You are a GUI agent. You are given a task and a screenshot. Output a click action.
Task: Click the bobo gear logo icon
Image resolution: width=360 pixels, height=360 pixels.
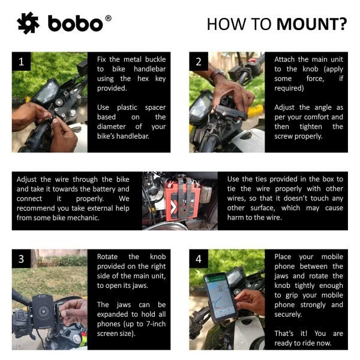(28, 23)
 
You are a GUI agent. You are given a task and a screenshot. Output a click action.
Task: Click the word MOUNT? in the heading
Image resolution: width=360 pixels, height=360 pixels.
(311, 24)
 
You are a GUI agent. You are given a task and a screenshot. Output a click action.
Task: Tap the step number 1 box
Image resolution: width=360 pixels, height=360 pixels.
(21, 62)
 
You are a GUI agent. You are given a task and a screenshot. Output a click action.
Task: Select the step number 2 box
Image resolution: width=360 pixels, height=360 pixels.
(199, 62)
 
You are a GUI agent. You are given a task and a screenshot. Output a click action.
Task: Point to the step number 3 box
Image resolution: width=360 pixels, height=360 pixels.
(21, 259)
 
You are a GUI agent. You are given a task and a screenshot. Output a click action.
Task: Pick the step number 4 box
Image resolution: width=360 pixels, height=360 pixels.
(199, 259)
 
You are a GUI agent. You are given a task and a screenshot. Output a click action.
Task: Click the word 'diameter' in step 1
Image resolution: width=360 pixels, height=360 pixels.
(113, 127)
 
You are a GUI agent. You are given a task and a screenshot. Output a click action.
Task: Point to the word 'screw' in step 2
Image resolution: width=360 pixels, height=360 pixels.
(287, 136)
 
